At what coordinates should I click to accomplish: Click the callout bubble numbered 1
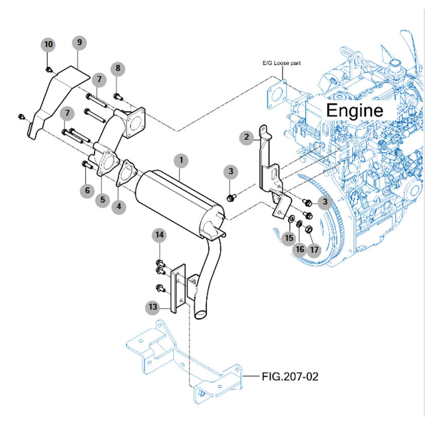(x=180, y=160)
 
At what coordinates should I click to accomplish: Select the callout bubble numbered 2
(x=247, y=137)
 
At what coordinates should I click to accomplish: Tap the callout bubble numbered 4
(x=119, y=207)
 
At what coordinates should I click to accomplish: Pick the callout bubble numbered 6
(x=87, y=191)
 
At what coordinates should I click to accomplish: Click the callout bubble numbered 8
(x=117, y=68)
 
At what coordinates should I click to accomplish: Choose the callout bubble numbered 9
(x=79, y=42)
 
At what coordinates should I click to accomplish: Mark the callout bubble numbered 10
(x=48, y=44)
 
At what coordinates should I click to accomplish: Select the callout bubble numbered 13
(x=152, y=308)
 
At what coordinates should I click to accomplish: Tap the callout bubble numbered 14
(x=160, y=235)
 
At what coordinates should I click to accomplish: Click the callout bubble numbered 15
(x=288, y=237)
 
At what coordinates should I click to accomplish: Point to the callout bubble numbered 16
(x=300, y=249)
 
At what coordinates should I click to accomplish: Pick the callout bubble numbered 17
(x=314, y=250)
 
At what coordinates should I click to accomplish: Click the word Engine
(x=355, y=110)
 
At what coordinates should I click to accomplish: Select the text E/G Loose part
(x=282, y=63)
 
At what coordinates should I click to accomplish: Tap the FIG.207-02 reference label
(x=290, y=377)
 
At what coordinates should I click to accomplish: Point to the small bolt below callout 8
(x=117, y=95)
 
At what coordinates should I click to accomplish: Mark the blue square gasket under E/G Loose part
(x=277, y=94)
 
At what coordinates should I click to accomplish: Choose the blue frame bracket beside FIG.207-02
(x=185, y=361)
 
